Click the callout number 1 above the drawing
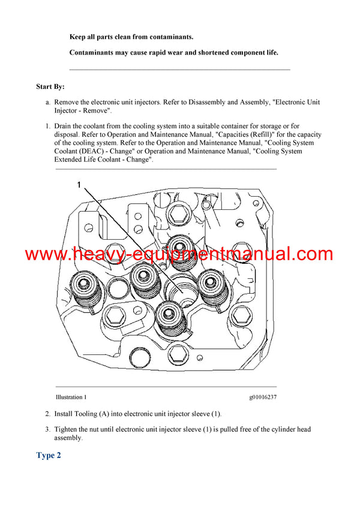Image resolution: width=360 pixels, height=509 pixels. tap(78, 185)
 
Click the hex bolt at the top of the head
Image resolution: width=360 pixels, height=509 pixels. tap(178, 212)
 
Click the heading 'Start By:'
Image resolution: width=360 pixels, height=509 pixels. tap(50, 87)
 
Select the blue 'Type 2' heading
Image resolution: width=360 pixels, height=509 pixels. tap(49, 456)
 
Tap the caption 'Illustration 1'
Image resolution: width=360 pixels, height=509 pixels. tap(71, 397)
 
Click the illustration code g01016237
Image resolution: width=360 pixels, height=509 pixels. tap(263, 397)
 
